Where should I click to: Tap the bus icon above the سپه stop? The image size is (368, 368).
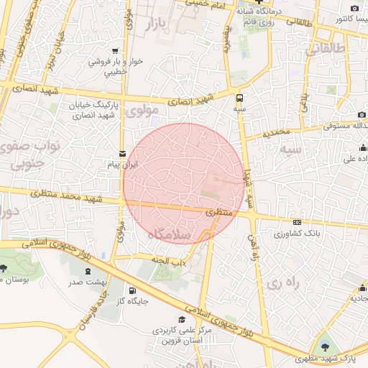pyautogui.click(x=239, y=97)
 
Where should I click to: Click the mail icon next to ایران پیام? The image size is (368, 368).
pyautogui.click(x=121, y=154)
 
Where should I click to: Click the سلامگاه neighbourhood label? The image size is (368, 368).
pyautogui.click(x=170, y=235)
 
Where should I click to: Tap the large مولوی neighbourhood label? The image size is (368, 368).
pyautogui.click(x=141, y=111)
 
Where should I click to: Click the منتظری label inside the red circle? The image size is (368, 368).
pyautogui.click(x=219, y=213)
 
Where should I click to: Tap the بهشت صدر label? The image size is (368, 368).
pyautogui.click(x=84, y=282)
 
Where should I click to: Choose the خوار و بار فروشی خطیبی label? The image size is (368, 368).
pyautogui.click(x=115, y=67)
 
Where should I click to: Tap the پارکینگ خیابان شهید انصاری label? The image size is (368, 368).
pyautogui.click(x=93, y=110)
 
